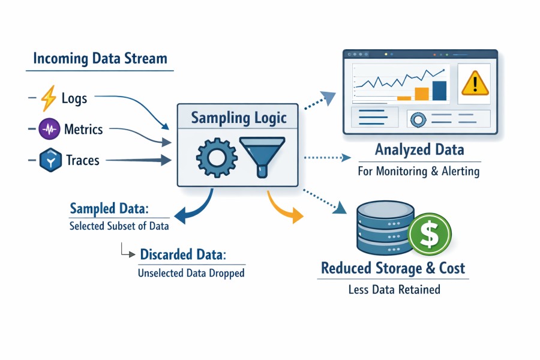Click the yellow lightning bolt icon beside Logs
pyautogui.click(x=48, y=98)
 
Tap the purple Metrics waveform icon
pyautogui.click(x=49, y=129)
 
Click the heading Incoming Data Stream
pyautogui.click(x=100, y=59)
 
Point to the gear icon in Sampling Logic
pyautogui.click(x=213, y=157)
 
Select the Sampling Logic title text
pyautogui.click(x=239, y=118)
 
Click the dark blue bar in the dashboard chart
pyautogui.click(x=439, y=91)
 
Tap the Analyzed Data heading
pyautogui.click(x=419, y=149)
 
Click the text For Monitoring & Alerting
pyautogui.click(x=418, y=171)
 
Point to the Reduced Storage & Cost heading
pyautogui.click(x=393, y=268)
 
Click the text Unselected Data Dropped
pyautogui.click(x=191, y=273)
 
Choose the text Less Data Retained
pyautogui.click(x=394, y=290)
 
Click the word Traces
pyautogui.click(x=83, y=160)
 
